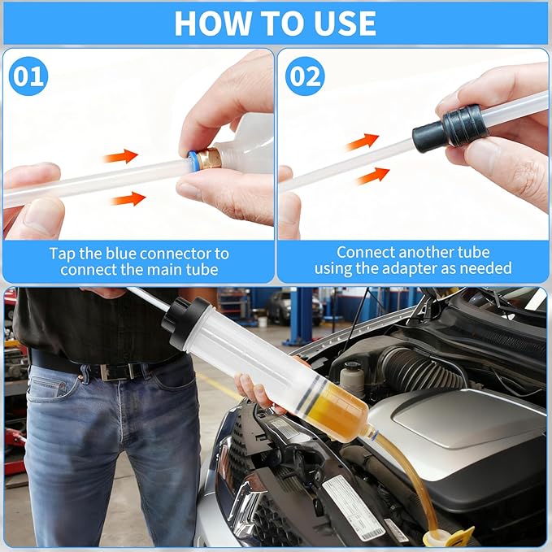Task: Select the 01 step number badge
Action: pos(28,76)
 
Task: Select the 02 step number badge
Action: pos(305,76)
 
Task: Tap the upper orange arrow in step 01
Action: pos(120,155)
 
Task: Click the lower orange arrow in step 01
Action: pos(128,198)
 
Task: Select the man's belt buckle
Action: pos(112,372)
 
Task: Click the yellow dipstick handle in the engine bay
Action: pos(453,536)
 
